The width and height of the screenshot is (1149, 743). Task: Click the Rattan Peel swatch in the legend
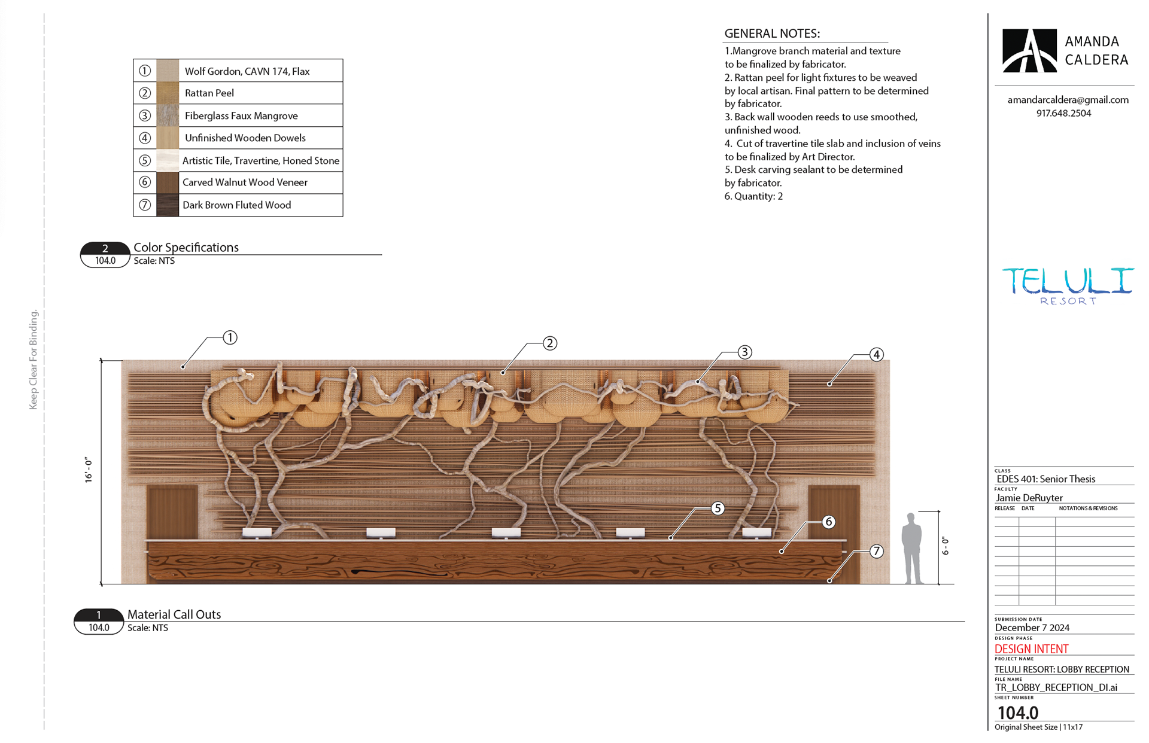[168, 93]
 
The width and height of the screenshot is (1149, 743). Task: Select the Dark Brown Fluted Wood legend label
[236, 205]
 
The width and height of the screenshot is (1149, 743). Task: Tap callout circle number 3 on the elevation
[744, 352]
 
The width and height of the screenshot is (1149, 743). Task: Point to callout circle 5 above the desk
[718, 508]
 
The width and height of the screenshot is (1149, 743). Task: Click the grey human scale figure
[911, 548]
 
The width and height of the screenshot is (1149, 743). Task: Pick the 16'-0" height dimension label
[89, 470]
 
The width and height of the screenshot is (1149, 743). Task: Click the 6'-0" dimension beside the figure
[946, 546]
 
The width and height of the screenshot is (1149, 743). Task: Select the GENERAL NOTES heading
[772, 34]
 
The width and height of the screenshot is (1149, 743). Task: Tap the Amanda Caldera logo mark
[1029, 51]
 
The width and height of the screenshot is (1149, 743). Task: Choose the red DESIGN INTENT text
[1031, 649]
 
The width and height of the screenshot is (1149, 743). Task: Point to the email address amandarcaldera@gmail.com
[1068, 100]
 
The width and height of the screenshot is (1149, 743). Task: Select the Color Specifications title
[186, 248]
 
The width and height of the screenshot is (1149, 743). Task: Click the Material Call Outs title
[174, 614]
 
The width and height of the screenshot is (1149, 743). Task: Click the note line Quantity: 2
[753, 196]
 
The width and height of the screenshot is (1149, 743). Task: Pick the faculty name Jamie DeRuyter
[1029, 498]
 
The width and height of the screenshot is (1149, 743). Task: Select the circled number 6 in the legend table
[145, 182]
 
